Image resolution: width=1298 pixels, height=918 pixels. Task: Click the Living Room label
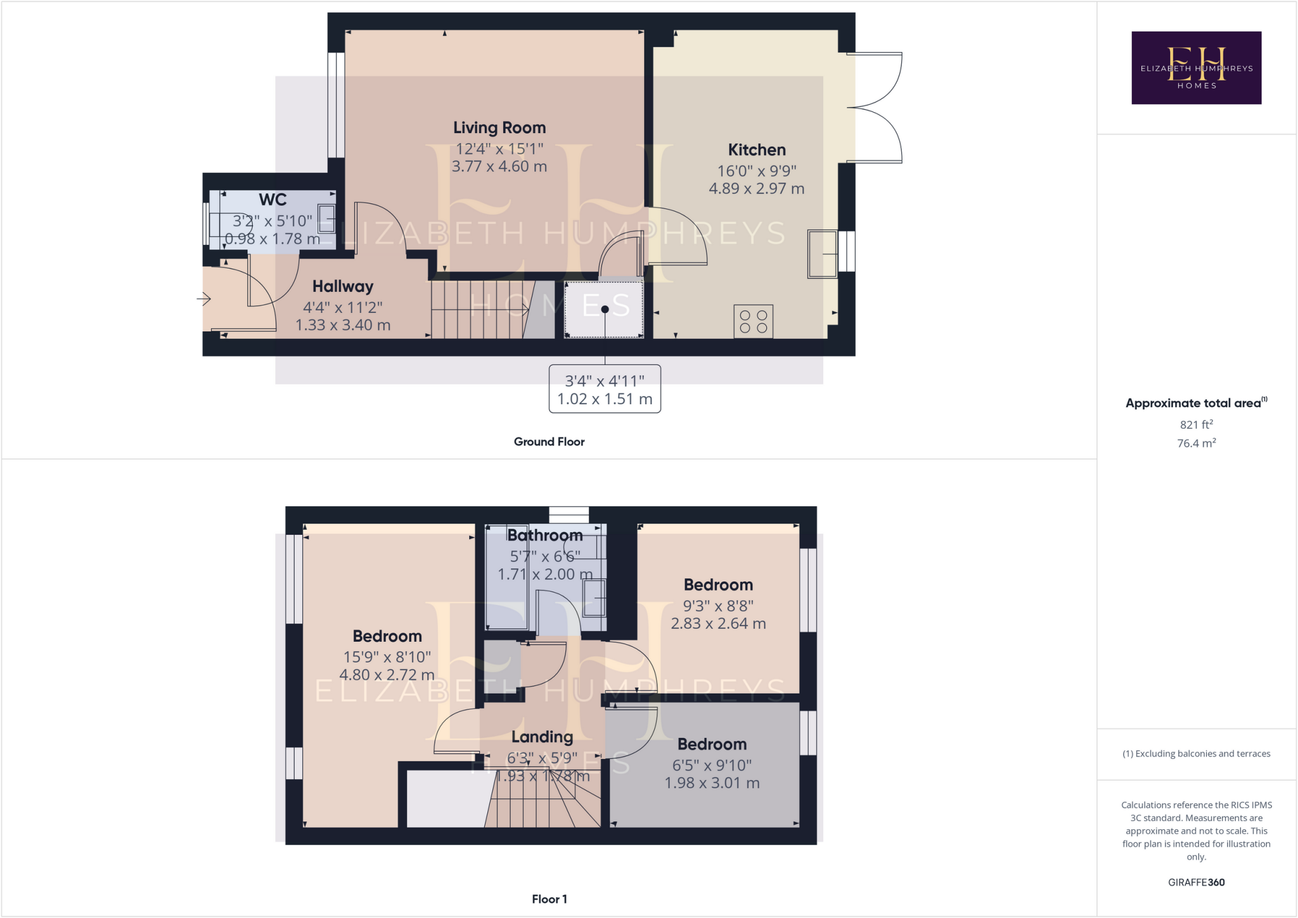tap(499, 128)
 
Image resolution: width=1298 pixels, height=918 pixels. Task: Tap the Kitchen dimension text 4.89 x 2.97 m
tap(756, 189)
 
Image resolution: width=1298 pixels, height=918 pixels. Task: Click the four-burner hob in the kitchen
tap(753, 321)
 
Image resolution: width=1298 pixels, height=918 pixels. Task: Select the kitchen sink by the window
tap(822, 254)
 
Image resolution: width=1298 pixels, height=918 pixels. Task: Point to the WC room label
tap(273, 200)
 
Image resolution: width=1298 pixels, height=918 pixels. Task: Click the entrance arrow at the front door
tap(204, 298)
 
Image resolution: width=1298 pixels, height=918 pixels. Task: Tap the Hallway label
tap(342, 286)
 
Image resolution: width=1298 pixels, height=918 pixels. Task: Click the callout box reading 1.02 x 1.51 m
tap(605, 389)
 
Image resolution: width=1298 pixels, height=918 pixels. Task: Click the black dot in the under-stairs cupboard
tap(605, 309)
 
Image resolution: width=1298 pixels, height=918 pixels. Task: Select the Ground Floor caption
tap(549, 442)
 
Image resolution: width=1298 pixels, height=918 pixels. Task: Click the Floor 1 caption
tap(549, 899)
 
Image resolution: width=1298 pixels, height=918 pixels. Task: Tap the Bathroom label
tap(544, 535)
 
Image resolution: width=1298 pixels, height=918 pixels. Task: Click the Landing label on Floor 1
tap(542, 737)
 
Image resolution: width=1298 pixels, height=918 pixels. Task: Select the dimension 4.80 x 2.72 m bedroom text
tap(387, 675)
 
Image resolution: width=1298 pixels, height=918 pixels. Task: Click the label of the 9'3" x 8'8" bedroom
tap(718, 585)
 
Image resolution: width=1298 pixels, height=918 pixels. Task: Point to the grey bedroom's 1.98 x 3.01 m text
tap(712, 783)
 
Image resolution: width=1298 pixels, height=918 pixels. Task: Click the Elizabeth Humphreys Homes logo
tap(1196, 68)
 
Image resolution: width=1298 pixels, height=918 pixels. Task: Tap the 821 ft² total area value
tap(1196, 424)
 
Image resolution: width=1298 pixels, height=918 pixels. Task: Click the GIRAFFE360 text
tap(1196, 882)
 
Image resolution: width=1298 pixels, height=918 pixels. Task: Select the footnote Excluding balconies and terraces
tap(1196, 754)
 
